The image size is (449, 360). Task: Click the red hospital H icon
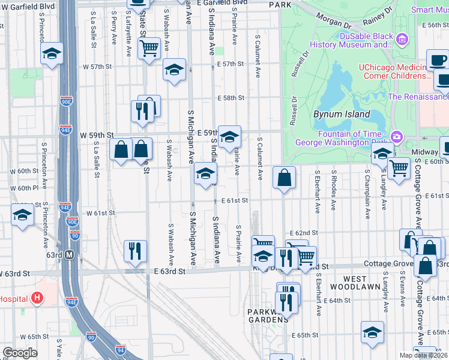[37, 297]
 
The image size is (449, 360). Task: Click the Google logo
[20, 353]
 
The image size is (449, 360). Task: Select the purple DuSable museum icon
[402, 40]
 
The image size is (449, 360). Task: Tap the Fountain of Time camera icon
[396, 137]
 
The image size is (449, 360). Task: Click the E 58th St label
[231, 97]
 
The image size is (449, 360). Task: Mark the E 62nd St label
[303, 232]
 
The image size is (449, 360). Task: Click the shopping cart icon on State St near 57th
[148, 47]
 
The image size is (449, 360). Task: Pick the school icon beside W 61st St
[23, 214]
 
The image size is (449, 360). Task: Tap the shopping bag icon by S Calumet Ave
[285, 178]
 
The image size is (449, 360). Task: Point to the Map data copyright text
[424, 355]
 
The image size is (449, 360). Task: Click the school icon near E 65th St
[372, 332]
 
